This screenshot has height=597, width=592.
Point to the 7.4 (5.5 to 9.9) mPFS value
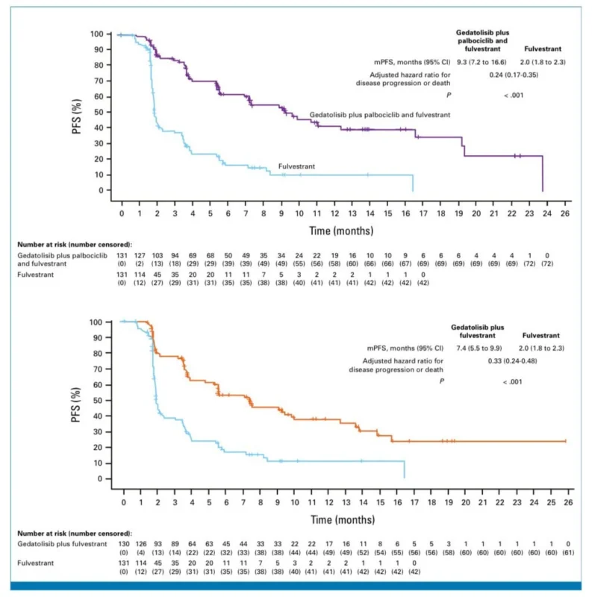click(484, 348)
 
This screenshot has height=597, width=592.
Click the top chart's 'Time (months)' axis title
click(341, 231)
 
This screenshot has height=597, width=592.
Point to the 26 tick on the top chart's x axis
click(564, 213)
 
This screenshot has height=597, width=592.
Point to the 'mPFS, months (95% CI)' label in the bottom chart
click(403, 348)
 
